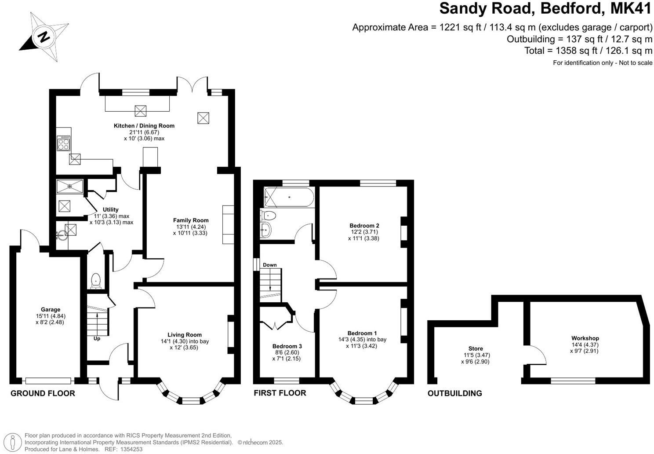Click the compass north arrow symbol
(44, 37)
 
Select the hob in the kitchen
(63, 143)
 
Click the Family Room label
(190, 220)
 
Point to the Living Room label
(184, 335)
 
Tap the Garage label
(51, 310)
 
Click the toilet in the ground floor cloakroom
(95, 281)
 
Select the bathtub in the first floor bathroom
(289, 197)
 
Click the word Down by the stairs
(270, 265)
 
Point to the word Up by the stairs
(97, 339)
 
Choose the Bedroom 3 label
(287, 346)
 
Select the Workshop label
(585, 338)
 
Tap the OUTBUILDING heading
(454, 393)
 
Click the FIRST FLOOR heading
(280, 393)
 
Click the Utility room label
(110, 210)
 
